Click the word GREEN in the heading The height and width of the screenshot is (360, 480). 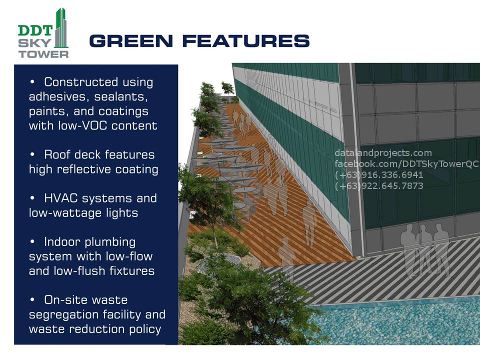click(131, 41)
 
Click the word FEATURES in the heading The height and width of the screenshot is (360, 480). click(246, 41)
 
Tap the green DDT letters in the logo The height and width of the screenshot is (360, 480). click(35, 30)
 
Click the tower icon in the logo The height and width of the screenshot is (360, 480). click(61, 28)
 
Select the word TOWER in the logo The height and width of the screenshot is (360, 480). click(43, 54)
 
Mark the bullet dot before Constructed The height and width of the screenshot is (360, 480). click(32, 82)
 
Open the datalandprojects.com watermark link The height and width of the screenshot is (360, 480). click(383, 153)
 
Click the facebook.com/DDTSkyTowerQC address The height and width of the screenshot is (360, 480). click(406, 164)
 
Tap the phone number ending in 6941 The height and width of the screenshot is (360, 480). click(379, 175)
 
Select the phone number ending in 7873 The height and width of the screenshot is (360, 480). click(379, 186)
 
